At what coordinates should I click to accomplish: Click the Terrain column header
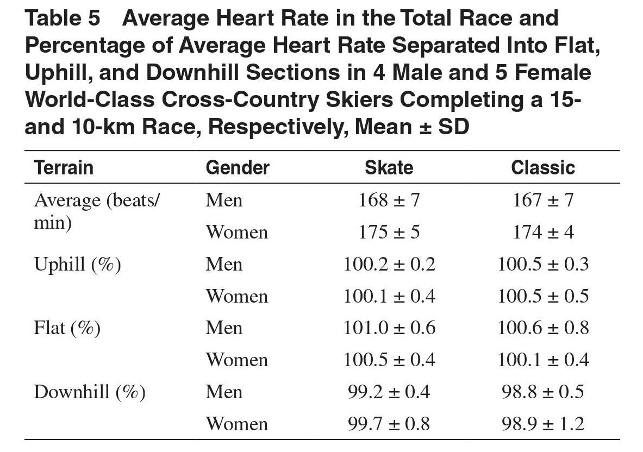point(64,168)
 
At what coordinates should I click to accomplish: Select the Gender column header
point(238,168)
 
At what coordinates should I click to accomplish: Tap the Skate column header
point(389,168)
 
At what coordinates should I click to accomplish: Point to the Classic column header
point(543,168)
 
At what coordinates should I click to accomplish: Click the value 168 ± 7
point(389,200)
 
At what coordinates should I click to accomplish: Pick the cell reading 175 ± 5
point(389,233)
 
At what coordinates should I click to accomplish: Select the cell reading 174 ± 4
point(544,233)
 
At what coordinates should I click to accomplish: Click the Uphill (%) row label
point(78,265)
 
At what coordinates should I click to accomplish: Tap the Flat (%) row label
point(67,328)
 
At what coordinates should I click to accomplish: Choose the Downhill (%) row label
point(89,392)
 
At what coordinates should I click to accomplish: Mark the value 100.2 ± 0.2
point(389,265)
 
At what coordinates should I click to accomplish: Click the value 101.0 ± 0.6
point(389,328)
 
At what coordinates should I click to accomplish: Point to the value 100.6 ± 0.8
point(544,328)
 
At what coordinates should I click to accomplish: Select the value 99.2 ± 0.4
point(389,392)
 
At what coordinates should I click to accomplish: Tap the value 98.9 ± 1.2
point(544,424)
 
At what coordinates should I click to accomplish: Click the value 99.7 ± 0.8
point(389,424)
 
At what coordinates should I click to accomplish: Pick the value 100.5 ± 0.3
point(544,265)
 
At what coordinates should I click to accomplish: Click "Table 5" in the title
point(63,18)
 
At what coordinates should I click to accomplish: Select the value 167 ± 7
point(544,200)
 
